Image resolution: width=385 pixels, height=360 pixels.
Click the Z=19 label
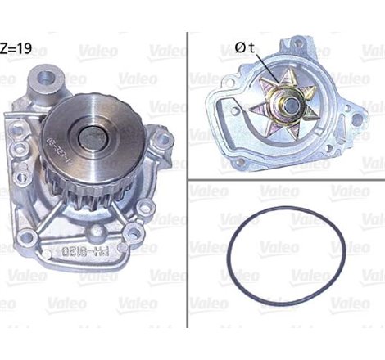(17, 47)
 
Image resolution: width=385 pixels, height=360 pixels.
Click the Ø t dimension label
(245, 47)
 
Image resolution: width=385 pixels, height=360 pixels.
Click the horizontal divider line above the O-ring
(286, 178)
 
